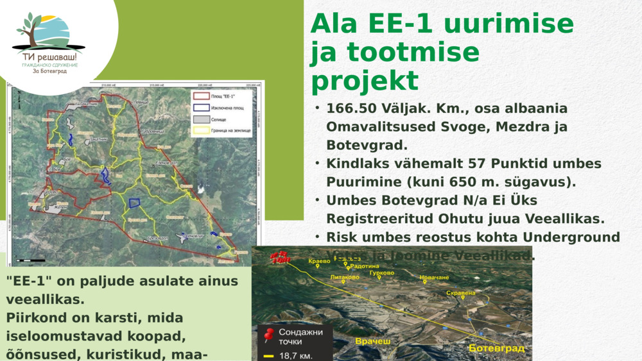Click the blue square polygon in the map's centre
tap(135, 203)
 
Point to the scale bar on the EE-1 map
tap(31, 260)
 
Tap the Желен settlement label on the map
tap(61, 206)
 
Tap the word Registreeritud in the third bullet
tap(377, 219)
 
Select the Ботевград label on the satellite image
tap(496, 348)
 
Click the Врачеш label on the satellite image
tap(372, 342)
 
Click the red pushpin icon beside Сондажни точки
tap(269, 335)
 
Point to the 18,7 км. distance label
tap(296, 355)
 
